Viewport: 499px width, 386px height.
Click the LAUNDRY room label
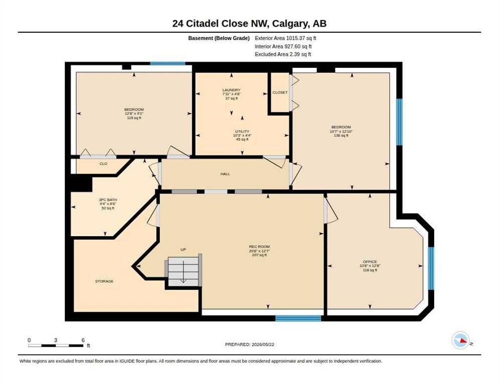231,90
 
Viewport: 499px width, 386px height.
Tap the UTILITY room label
242,131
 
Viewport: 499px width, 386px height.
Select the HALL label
225,174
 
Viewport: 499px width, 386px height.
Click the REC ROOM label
260,246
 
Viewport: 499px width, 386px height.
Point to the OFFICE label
370,262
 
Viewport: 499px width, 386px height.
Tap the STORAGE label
104,281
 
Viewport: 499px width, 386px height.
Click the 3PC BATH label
108,200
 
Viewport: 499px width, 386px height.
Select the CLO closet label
103,163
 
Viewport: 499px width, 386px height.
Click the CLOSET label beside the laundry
280,92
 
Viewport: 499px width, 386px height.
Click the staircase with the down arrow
184,271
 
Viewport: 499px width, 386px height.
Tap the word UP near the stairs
183,250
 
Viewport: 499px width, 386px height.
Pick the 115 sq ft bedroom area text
134,118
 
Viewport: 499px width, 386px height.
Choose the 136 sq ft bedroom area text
341,136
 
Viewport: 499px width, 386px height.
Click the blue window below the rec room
298,318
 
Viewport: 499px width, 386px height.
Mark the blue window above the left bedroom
168,63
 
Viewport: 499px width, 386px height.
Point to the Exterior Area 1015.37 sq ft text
286,38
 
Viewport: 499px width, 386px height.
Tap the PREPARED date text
249,345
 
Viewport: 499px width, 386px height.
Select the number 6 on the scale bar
83,340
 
